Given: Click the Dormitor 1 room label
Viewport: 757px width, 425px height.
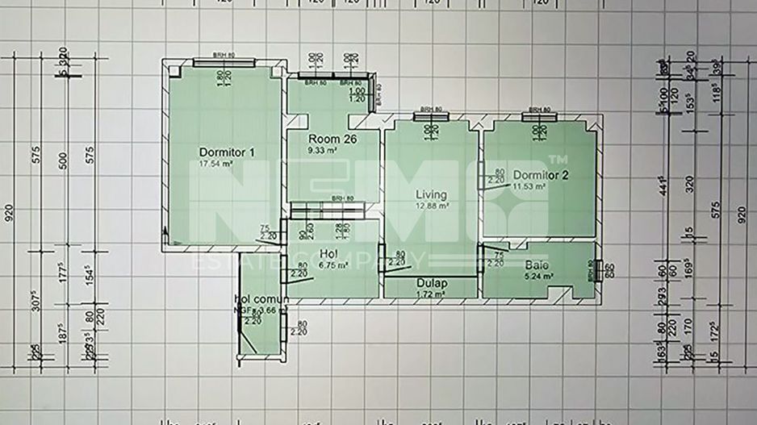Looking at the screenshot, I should click(x=227, y=152).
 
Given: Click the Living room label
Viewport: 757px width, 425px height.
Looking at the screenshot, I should click(x=431, y=194).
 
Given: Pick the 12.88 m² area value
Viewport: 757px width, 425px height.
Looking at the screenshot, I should click(x=432, y=206).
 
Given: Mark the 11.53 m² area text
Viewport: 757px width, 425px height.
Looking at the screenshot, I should click(x=529, y=186).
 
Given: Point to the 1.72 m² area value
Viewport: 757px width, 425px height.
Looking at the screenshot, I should click(x=432, y=294).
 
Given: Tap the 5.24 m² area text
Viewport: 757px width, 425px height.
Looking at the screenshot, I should click(x=537, y=275).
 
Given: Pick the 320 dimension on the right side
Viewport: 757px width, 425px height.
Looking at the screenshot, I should click(x=689, y=184).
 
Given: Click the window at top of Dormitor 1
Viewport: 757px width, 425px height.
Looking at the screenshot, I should click(x=224, y=62).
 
